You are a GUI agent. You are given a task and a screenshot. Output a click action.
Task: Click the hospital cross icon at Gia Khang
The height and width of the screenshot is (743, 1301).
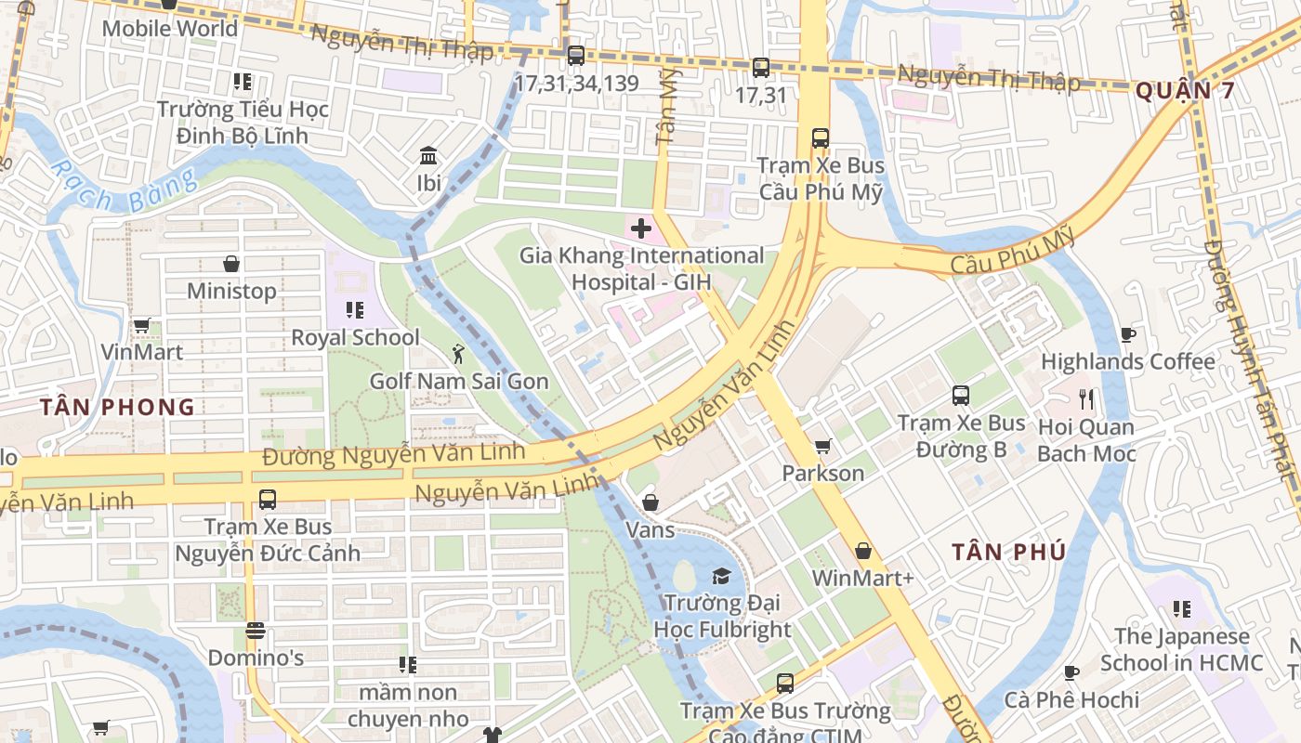(x=640, y=228)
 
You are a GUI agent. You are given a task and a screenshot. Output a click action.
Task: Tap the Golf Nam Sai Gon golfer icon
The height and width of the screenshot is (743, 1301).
(x=457, y=354)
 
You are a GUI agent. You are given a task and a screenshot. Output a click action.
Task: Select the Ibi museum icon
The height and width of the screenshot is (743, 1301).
(x=428, y=155)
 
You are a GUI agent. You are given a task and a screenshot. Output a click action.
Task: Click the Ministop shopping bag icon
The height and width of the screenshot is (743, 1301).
(x=231, y=264)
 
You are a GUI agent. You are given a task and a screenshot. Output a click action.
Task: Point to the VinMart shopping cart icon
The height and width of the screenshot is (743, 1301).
(x=141, y=325)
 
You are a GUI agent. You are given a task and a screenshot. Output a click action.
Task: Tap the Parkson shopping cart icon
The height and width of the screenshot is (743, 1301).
(x=822, y=447)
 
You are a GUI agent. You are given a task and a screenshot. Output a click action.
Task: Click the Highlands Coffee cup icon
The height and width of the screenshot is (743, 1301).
(x=1128, y=334)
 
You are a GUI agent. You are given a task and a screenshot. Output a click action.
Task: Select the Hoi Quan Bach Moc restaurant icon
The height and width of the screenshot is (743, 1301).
(x=1086, y=399)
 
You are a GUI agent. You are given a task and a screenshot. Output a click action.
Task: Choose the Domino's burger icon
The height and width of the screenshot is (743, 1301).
(x=256, y=631)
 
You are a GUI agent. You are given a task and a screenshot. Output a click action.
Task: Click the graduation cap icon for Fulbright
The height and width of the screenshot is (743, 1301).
(x=721, y=577)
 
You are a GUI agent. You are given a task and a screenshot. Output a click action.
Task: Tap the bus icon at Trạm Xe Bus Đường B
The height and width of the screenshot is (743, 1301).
(x=961, y=396)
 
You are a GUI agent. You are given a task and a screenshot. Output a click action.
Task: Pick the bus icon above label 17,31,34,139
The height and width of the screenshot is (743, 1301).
(x=576, y=56)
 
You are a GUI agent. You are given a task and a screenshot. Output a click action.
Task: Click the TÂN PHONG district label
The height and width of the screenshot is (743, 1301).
(x=118, y=407)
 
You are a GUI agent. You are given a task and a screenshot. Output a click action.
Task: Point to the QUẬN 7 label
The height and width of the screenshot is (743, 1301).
(x=1186, y=91)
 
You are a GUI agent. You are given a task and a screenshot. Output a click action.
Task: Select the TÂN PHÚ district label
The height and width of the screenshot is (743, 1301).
(x=1008, y=552)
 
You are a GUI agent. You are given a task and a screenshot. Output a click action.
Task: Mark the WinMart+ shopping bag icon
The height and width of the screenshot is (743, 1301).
(x=863, y=551)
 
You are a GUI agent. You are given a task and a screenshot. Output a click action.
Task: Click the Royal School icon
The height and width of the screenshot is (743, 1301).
(x=355, y=310)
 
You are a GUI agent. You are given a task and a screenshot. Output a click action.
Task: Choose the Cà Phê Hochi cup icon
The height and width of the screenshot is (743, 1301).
(x=1071, y=672)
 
